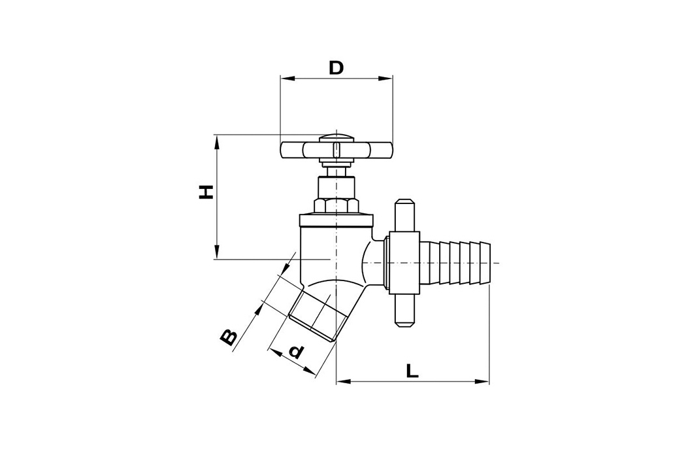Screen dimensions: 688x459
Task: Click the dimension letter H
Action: (x=206, y=192)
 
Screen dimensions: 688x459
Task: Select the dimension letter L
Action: (x=412, y=371)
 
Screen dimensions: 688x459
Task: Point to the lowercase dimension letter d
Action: (x=296, y=351)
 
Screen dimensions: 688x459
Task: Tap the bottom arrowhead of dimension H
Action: (x=216, y=253)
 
